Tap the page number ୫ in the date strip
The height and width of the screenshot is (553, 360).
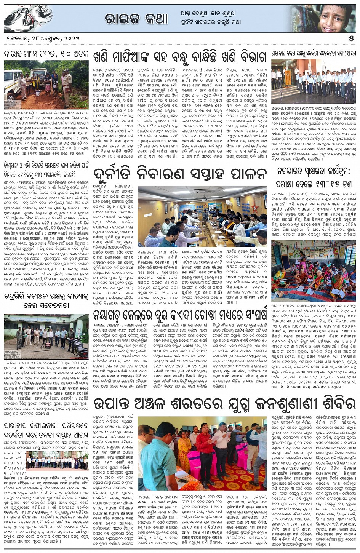[x=351, y=39]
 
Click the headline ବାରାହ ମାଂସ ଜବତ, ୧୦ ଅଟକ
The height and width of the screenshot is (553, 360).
[x=46, y=54]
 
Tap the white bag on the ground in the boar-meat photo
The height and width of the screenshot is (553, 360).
[x=38, y=93]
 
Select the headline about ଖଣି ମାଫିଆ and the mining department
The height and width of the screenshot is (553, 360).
[x=179, y=57]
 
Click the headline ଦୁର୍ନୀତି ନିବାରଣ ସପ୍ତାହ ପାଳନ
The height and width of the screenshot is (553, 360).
[x=179, y=174]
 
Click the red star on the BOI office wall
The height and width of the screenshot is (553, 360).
[x=254, y=208]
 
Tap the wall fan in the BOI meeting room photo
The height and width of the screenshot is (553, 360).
[x=228, y=203]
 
